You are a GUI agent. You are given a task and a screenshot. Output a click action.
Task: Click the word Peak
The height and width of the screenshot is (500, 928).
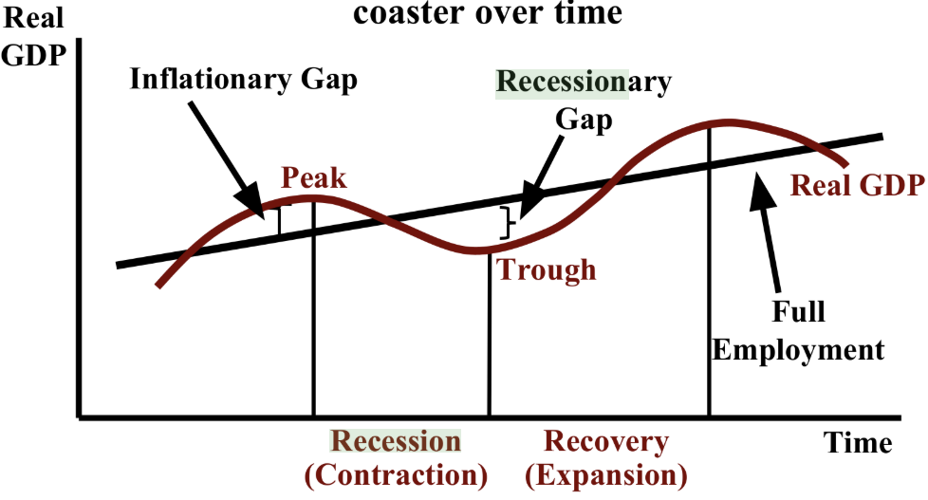click(314, 178)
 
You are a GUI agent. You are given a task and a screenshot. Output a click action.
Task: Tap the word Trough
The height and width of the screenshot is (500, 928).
click(548, 269)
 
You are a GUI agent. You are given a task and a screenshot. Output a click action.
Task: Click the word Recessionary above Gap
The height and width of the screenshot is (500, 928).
click(583, 81)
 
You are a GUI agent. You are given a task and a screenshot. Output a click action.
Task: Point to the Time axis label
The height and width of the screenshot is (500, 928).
click(857, 443)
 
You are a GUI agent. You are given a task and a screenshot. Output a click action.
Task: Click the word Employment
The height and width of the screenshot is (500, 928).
click(798, 349)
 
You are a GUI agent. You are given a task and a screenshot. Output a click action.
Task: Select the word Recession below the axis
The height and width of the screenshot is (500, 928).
click(395, 441)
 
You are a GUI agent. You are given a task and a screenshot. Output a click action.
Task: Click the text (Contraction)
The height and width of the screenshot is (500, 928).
click(396, 473)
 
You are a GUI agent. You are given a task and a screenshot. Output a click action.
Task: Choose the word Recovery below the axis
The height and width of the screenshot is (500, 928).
click(606, 441)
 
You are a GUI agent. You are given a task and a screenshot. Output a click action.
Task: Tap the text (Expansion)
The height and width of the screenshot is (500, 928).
click(606, 473)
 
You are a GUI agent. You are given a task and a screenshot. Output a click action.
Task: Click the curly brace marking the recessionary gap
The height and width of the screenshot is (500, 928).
click(510, 222)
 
